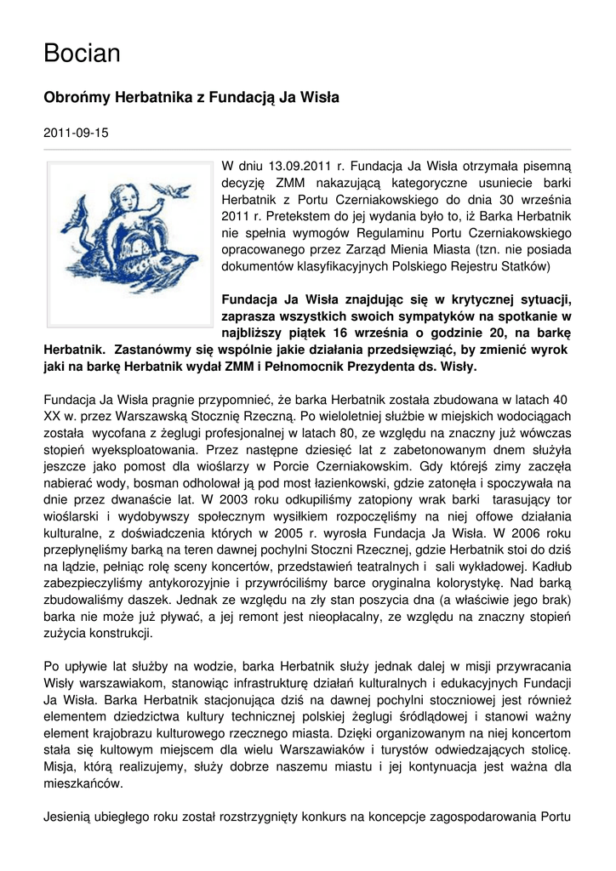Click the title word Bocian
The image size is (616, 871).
click(x=82, y=54)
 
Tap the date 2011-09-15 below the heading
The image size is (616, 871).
click(x=76, y=133)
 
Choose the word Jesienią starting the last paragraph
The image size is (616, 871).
click(x=69, y=818)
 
